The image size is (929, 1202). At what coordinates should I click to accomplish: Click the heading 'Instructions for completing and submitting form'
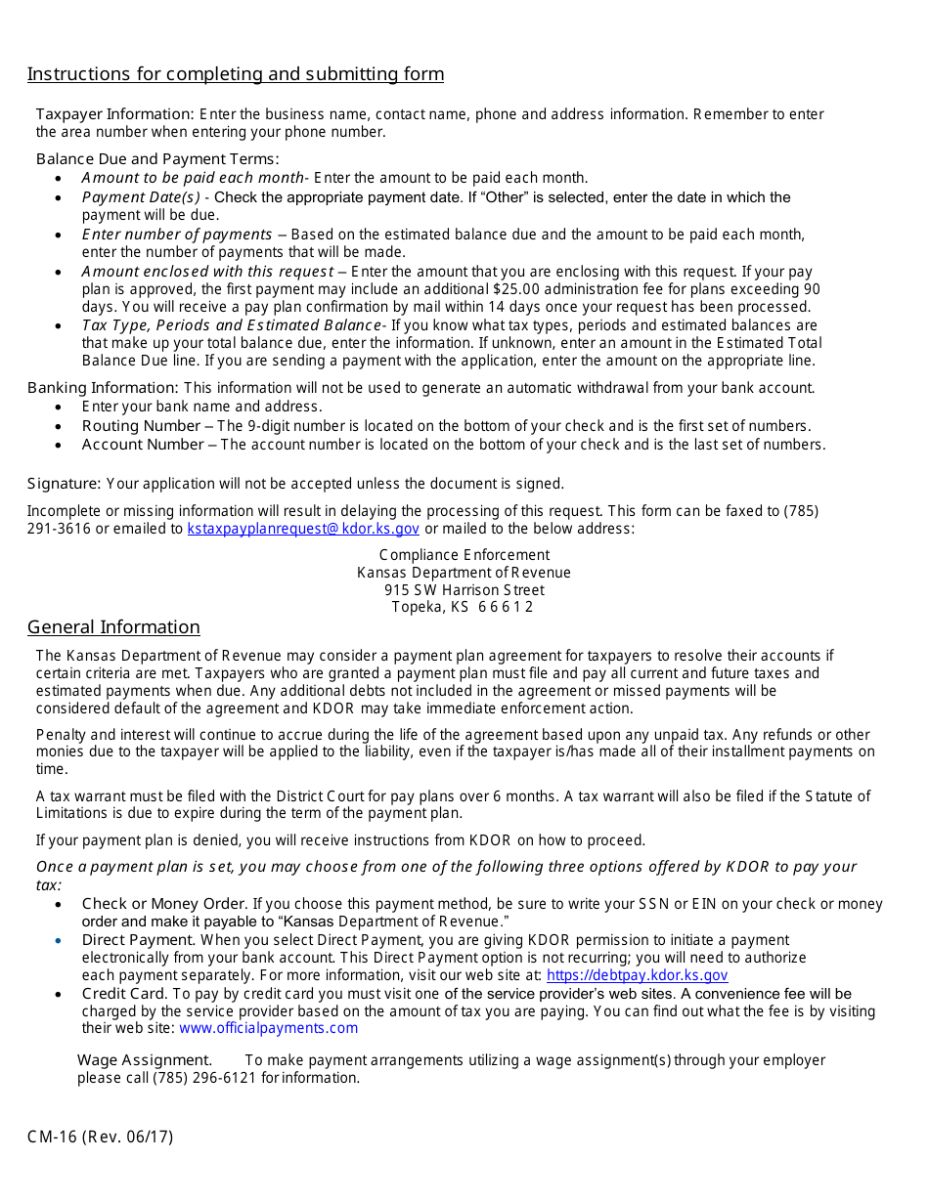(x=236, y=74)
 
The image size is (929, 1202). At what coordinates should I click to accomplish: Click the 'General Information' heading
(x=113, y=627)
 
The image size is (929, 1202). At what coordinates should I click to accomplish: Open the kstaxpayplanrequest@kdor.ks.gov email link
(x=303, y=529)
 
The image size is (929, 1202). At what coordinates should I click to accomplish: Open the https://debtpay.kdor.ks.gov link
(x=637, y=975)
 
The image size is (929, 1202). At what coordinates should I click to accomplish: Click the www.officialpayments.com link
(x=268, y=1028)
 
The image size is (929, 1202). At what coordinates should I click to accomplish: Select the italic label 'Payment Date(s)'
(x=141, y=197)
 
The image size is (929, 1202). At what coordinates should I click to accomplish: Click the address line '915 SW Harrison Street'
(x=464, y=590)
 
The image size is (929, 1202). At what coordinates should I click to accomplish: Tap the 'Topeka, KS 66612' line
(x=463, y=607)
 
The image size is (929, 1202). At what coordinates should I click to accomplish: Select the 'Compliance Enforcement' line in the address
(x=464, y=555)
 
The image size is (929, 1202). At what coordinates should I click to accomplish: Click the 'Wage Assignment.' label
(x=145, y=1060)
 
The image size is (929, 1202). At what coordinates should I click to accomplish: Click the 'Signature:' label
(x=64, y=484)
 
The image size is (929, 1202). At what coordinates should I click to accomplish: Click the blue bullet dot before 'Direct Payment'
(x=59, y=940)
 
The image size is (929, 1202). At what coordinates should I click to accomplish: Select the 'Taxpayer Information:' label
(x=115, y=114)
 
